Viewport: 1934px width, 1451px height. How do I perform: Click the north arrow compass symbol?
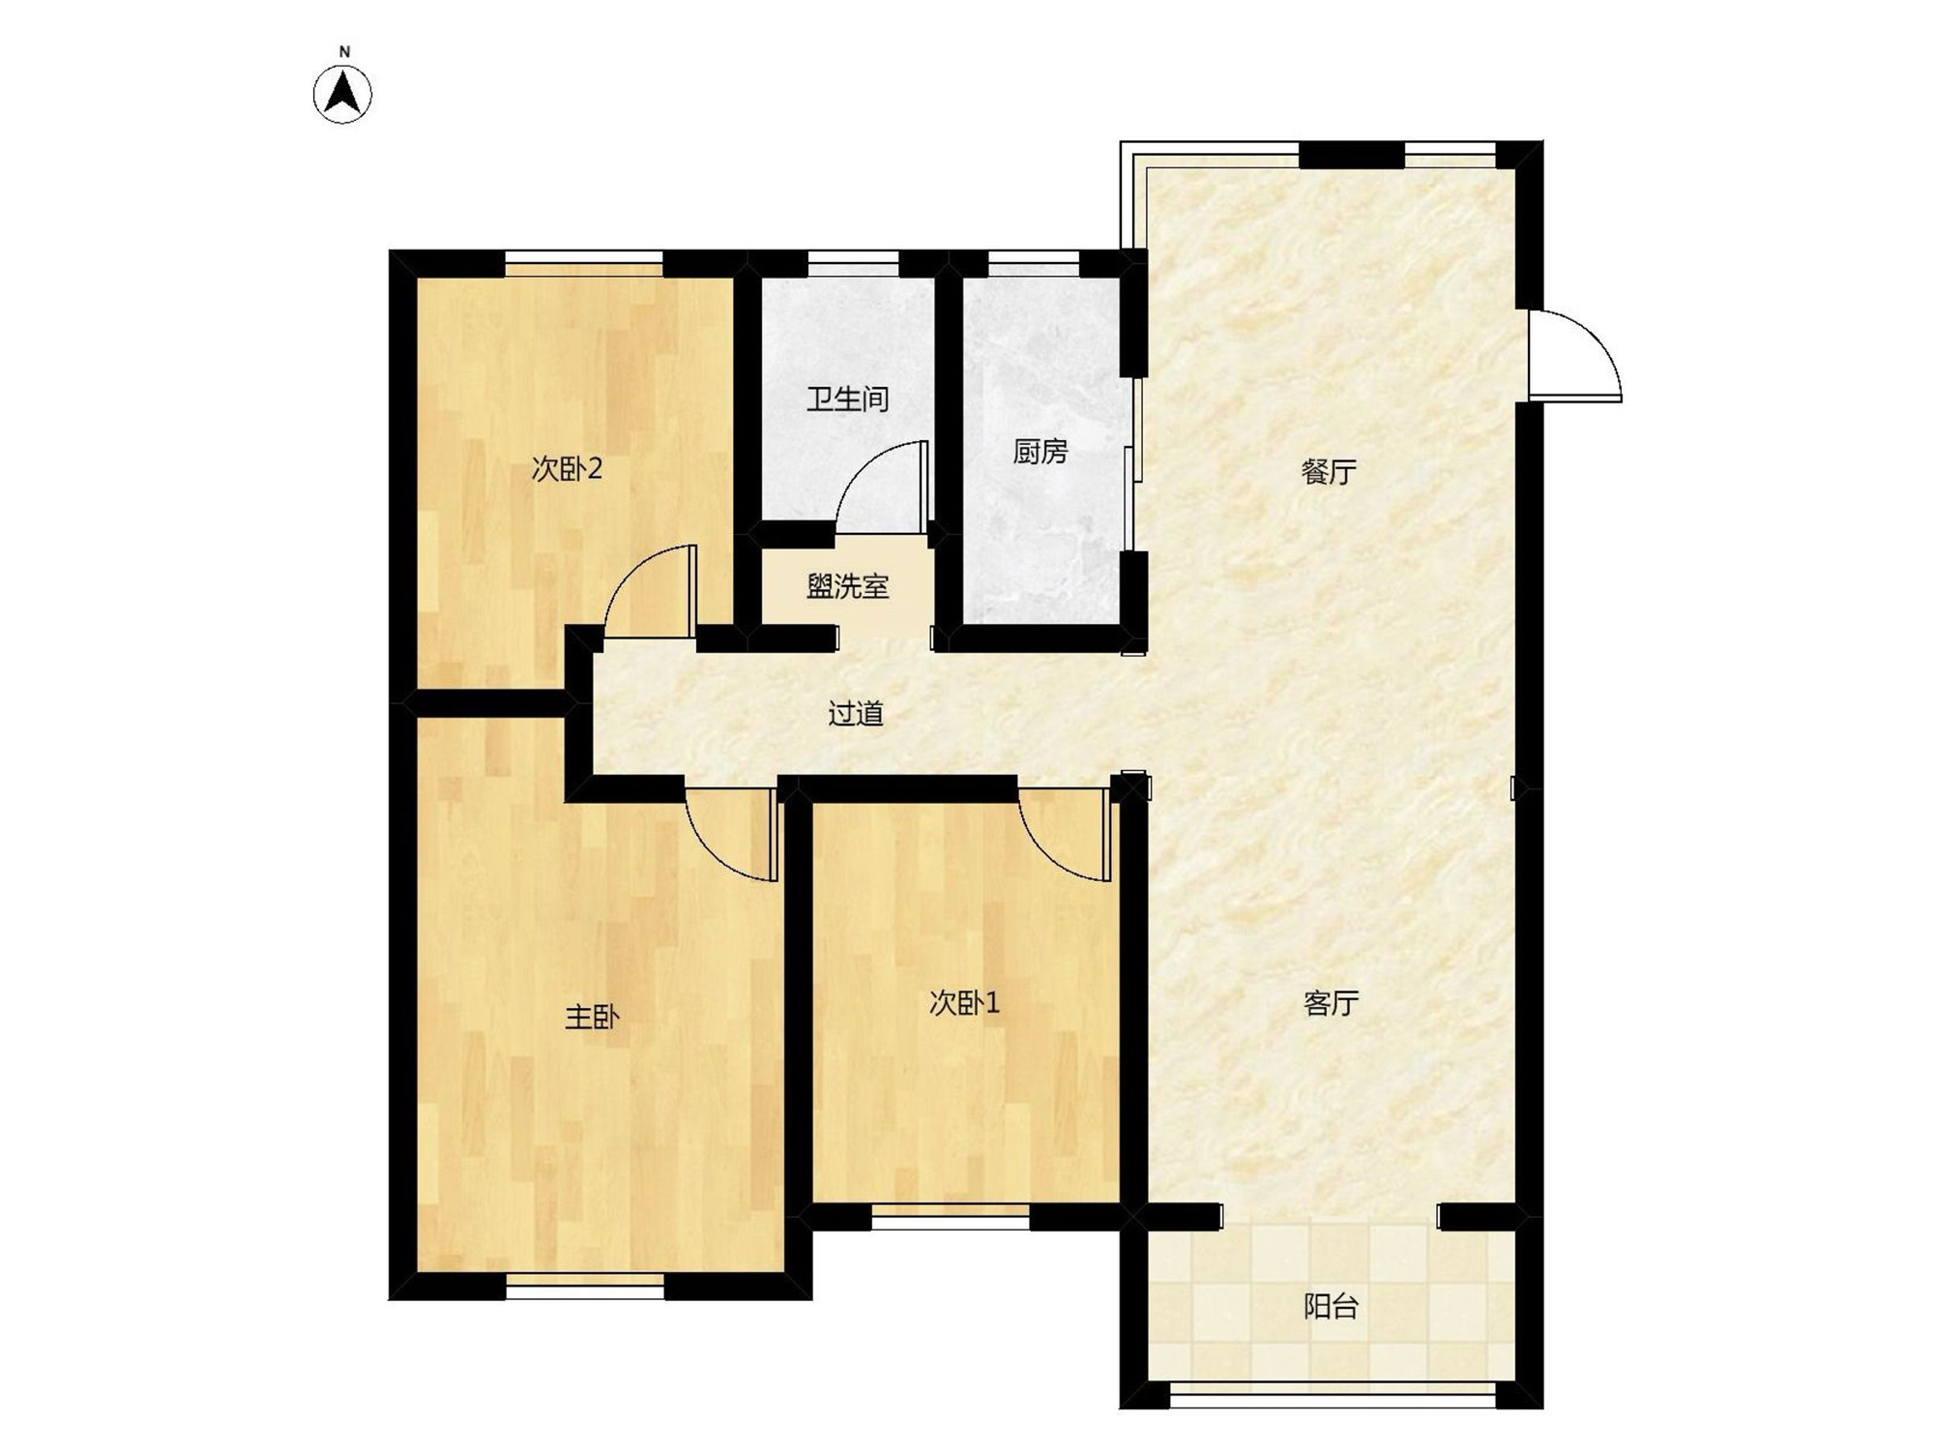(342, 94)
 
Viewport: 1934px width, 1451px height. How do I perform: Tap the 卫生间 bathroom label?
(848, 399)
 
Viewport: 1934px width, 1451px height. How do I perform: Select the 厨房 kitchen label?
(1040, 451)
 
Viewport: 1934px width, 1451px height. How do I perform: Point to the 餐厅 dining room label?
(1329, 472)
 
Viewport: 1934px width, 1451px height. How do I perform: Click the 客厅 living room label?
(1331, 1003)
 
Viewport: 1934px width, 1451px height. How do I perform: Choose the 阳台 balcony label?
(1331, 1307)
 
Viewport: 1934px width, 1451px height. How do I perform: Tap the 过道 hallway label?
(856, 714)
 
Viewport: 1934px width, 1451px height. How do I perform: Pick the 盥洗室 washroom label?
(848, 586)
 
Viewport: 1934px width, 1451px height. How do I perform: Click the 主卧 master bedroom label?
(592, 1018)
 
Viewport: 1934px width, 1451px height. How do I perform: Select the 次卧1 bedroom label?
(963, 1003)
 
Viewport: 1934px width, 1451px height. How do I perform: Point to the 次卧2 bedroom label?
(567, 469)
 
